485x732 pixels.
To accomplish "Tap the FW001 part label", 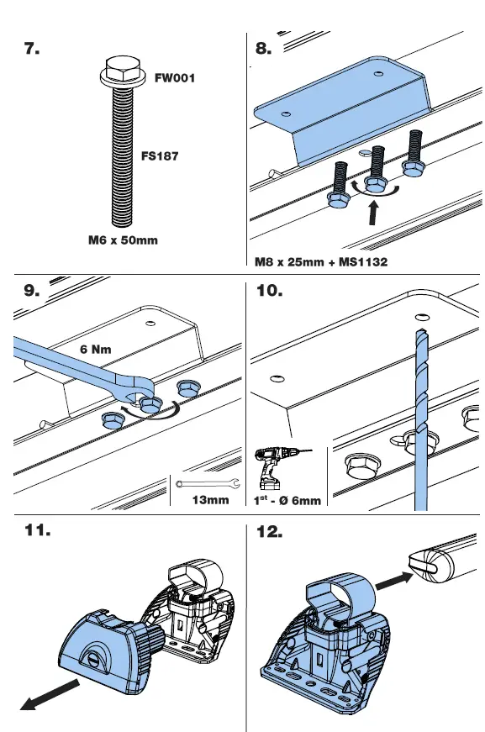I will click(175, 78).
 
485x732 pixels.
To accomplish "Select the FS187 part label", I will click(159, 156).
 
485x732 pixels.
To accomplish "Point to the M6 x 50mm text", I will click(123, 240).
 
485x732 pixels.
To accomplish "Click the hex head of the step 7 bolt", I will click(114, 66).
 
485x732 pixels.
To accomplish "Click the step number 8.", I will click(264, 50).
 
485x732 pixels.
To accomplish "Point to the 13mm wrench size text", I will click(210, 500).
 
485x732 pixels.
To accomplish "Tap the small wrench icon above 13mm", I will click(209, 482).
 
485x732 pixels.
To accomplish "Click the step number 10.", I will click(269, 292).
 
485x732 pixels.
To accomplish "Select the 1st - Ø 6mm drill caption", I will click(287, 501).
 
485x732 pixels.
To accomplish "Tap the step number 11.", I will click(36, 532).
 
